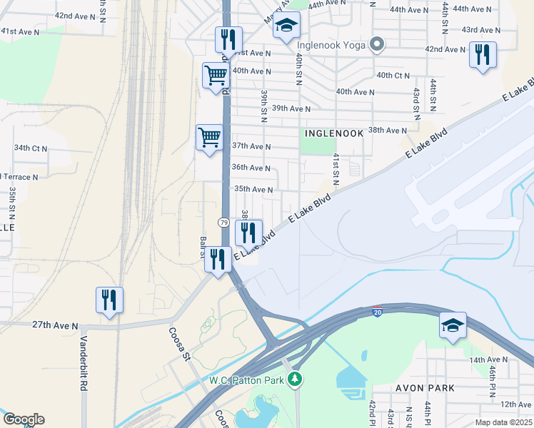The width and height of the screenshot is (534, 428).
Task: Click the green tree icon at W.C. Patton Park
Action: (293, 379)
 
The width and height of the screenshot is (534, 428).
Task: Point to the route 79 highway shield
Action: (224, 223)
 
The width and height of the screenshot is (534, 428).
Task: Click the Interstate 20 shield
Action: (377, 312)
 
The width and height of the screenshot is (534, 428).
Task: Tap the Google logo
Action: (24, 419)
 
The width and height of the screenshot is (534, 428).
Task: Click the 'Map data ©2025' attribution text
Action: (503, 422)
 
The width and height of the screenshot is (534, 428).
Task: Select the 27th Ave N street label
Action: (55, 325)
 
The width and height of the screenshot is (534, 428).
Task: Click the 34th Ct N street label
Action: (30, 148)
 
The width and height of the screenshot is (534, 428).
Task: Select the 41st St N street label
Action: (334, 170)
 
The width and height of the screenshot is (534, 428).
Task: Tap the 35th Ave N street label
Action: (253, 190)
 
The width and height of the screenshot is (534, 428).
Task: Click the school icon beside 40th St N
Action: (286, 25)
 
